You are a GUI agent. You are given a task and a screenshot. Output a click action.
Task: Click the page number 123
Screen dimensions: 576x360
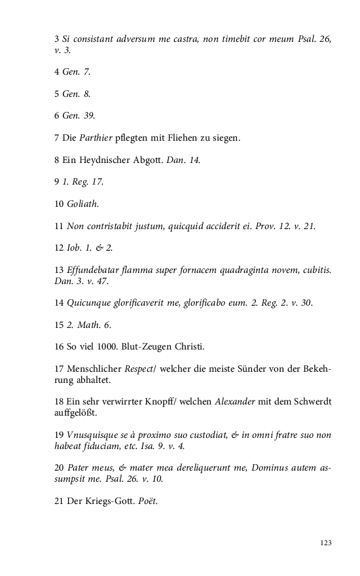(326, 543)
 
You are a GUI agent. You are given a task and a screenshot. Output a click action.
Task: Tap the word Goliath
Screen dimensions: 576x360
(82, 204)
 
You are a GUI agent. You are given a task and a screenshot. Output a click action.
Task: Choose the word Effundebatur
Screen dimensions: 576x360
(92, 271)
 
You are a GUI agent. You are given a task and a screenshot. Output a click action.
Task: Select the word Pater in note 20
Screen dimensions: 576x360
(81, 469)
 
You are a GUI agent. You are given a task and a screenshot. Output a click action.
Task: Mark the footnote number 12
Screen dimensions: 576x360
(58, 249)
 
